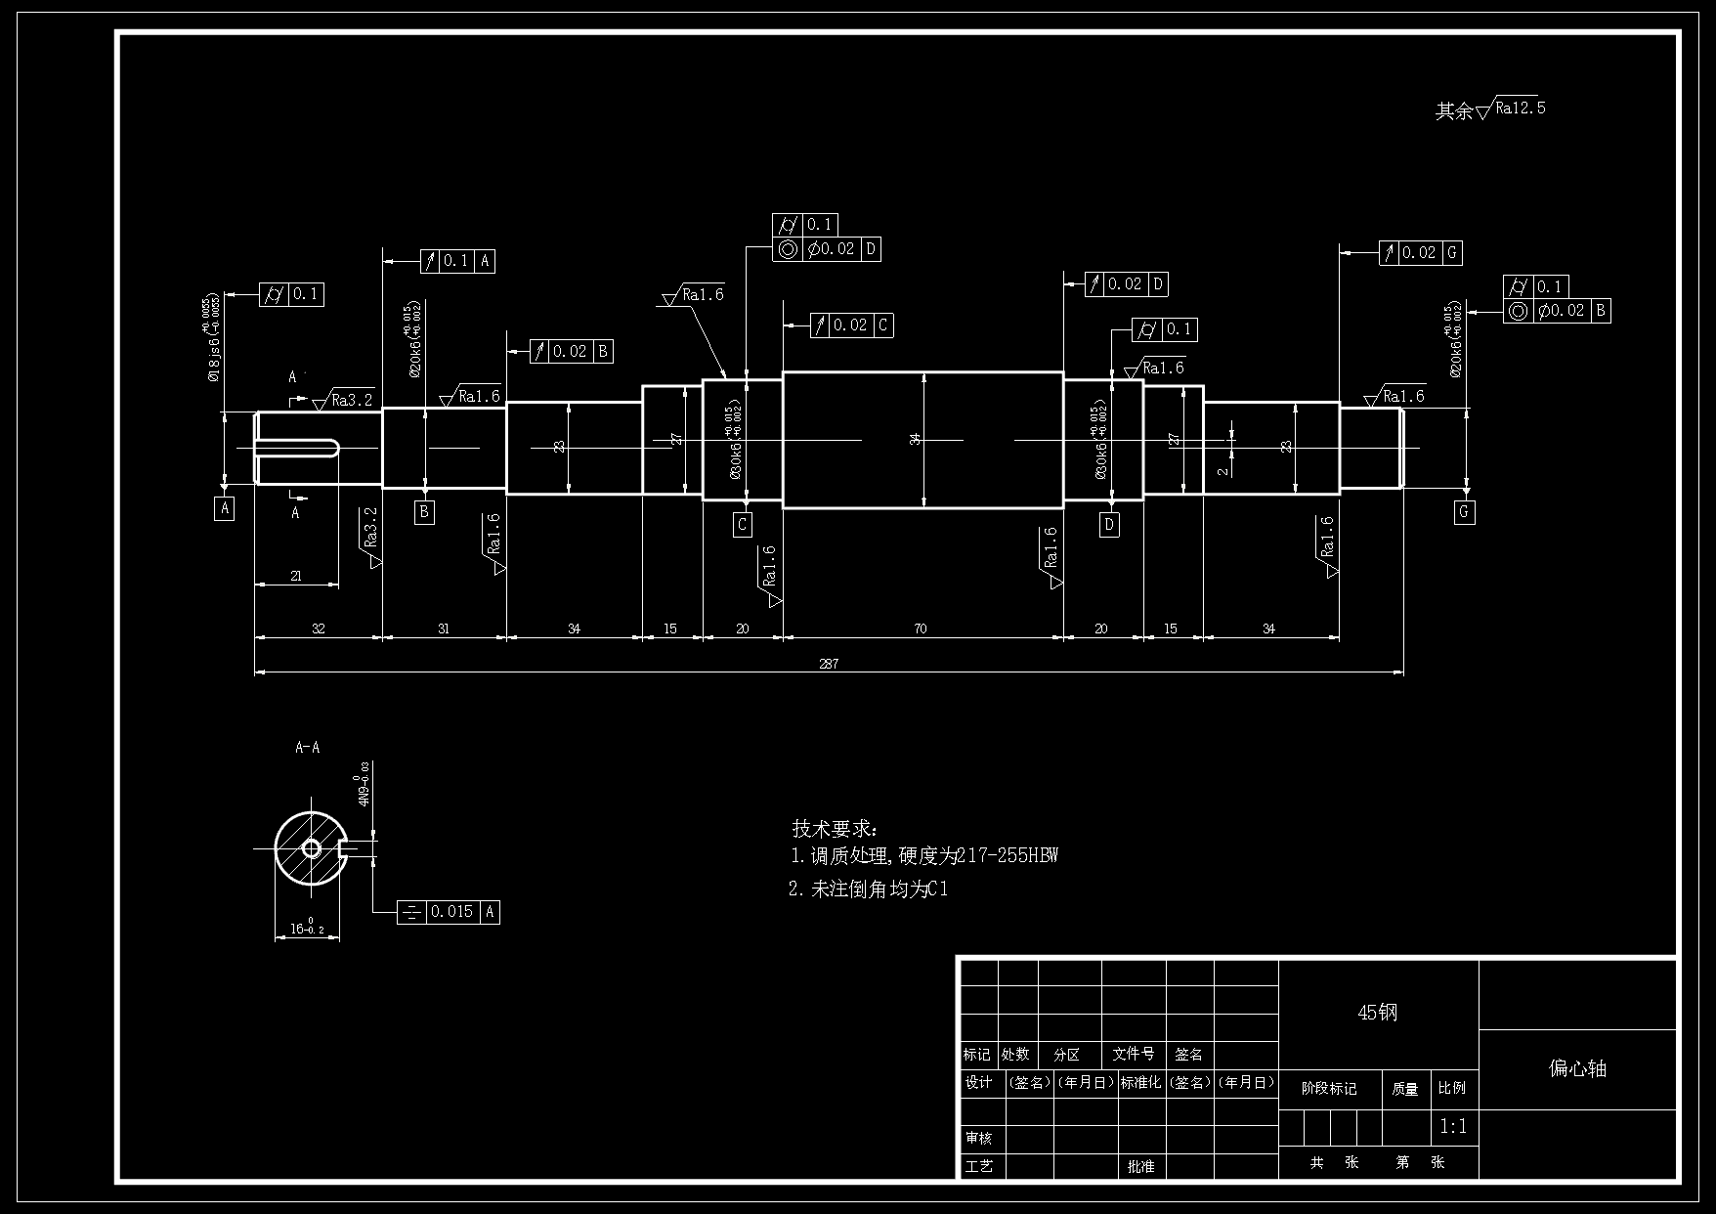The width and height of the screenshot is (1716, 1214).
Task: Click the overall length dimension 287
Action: [x=829, y=664]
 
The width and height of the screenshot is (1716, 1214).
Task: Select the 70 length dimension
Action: [x=921, y=629]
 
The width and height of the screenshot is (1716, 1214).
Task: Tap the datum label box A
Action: [x=225, y=508]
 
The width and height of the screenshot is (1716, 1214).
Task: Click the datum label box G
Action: [x=1464, y=511]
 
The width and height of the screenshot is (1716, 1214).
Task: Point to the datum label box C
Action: [x=743, y=525]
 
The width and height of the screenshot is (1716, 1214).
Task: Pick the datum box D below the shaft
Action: [x=1109, y=525]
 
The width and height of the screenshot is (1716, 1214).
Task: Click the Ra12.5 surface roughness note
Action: [x=1519, y=108]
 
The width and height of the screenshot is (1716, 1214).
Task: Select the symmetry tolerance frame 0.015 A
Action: [x=449, y=912]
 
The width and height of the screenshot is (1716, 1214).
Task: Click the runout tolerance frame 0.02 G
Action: [x=1421, y=253]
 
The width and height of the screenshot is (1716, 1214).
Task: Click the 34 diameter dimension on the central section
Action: [x=917, y=439]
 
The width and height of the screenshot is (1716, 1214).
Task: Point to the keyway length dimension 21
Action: [x=296, y=576]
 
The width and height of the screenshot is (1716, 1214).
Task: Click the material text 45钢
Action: [x=1378, y=1013]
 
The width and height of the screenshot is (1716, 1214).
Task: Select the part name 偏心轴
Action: [x=1577, y=1068]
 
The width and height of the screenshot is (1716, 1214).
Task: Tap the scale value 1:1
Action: [x=1453, y=1127]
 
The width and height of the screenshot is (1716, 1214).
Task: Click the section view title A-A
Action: [x=308, y=748]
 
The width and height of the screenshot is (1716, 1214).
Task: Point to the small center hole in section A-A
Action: [x=312, y=848]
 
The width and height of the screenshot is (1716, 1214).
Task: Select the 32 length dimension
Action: [x=318, y=629]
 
